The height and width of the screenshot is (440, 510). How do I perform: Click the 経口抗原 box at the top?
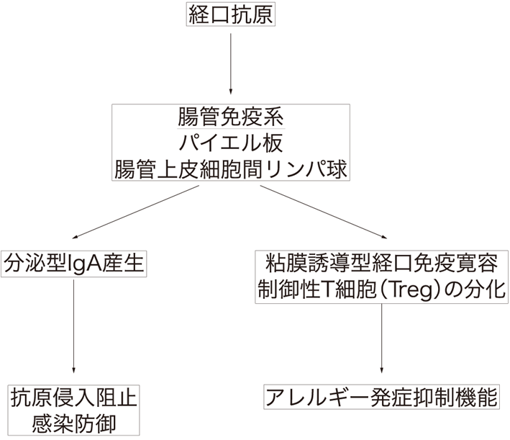click(229, 15)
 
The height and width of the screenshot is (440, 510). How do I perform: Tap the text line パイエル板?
click(231, 143)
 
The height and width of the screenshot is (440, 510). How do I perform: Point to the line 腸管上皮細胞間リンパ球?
click(231, 169)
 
